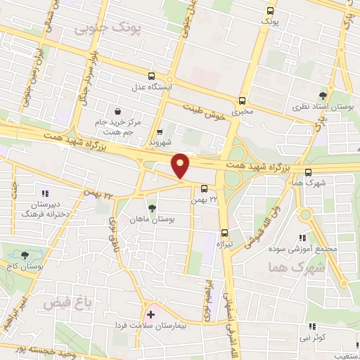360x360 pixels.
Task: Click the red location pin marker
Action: pos(181,165)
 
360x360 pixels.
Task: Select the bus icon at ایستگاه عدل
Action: pos(151,76)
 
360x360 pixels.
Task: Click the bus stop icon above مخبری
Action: pos(243,100)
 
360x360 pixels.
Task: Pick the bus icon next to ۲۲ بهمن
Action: pos(204,188)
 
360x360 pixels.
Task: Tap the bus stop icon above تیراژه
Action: pos(225,232)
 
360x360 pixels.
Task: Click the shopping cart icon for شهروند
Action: pos(160,131)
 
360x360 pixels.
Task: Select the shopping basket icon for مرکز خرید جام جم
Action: pos(117,111)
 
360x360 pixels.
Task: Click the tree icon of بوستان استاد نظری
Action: pos(323,96)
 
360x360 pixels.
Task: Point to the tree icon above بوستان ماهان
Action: pos(152,208)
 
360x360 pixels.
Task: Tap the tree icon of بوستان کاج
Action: pos(25,256)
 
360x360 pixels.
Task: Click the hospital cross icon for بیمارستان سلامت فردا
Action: pos(150,314)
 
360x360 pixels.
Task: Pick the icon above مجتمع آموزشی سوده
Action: pos(302,238)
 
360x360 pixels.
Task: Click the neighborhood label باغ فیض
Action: pos(59,303)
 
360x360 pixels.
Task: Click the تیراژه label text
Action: pos(225,243)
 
